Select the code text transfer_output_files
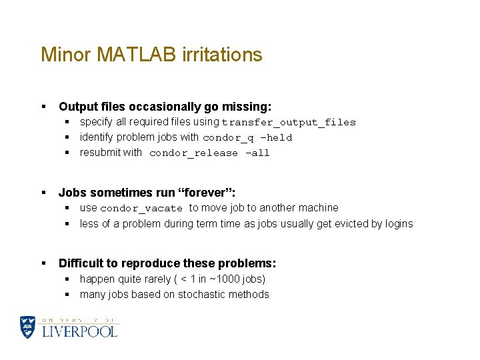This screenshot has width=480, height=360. click(x=289, y=123)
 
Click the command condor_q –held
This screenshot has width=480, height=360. click(x=247, y=138)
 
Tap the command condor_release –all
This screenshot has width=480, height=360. click(x=209, y=153)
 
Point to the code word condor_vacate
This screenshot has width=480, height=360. click(x=141, y=209)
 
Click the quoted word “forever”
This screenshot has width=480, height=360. click(x=206, y=193)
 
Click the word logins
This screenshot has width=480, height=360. click(x=399, y=224)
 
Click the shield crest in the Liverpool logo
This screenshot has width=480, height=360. click(x=28, y=327)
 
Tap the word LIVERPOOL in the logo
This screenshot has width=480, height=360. click(x=79, y=331)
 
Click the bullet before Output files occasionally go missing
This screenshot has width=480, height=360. click(x=43, y=107)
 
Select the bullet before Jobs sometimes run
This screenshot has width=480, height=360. click(x=43, y=193)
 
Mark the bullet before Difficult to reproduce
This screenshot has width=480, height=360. click(x=43, y=264)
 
